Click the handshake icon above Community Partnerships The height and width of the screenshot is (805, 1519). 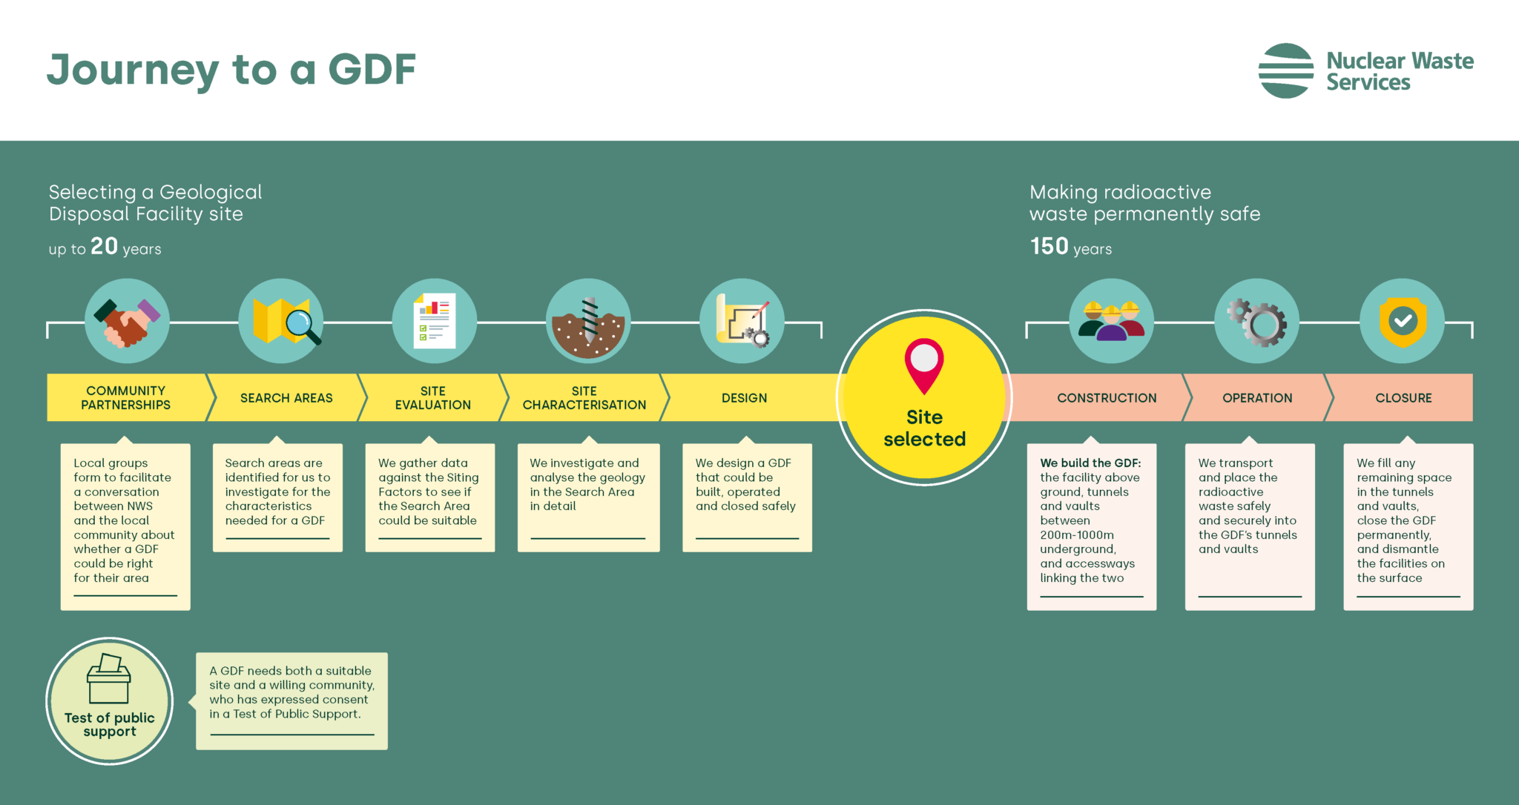click(x=127, y=322)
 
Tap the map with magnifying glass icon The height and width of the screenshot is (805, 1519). click(x=281, y=322)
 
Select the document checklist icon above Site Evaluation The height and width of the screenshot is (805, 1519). click(x=435, y=322)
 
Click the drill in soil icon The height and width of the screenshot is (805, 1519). click(x=588, y=322)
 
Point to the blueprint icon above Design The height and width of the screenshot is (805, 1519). click(x=742, y=322)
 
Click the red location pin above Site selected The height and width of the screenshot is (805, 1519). click(x=924, y=365)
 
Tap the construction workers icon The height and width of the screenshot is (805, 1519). click(x=1111, y=322)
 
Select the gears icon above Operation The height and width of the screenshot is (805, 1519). click(x=1256, y=322)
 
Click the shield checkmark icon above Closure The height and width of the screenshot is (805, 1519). click(x=1402, y=322)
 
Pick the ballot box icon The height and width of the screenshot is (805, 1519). click(x=109, y=679)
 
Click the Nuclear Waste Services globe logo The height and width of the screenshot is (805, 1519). click(x=1286, y=71)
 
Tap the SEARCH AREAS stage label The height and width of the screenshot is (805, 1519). click(x=286, y=398)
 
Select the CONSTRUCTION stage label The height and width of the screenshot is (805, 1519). click(x=1107, y=398)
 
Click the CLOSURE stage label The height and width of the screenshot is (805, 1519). click(x=1403, y=398)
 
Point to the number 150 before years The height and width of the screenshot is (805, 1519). click(x=1049, y=246)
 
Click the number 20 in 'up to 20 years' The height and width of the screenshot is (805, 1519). click(x=104, y=246)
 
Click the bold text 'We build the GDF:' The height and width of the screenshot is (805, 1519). click(x=1090, y=463)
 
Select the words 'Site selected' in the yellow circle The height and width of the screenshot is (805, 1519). click(x=924, y=428)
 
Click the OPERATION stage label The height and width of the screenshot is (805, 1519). click(x=1257, y=398)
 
